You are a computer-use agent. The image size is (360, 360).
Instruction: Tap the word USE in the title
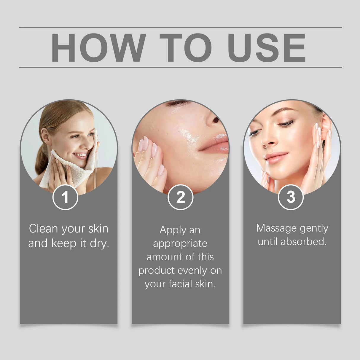click(x=266, y=48)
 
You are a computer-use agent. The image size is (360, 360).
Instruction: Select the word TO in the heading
click(x=186, y=48)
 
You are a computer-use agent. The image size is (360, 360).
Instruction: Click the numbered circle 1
click(x=65, y=197)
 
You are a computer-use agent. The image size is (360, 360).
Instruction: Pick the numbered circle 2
click(x=180, y=197)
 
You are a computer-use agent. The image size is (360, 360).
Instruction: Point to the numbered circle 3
click(x=291, y=197)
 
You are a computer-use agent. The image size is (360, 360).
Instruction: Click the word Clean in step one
click(x=43, y=229)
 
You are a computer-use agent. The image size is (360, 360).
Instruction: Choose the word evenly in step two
click(x=192, y=270)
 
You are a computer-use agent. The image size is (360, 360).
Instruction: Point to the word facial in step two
click(x=181, y=284)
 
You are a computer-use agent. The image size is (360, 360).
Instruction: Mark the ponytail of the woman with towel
click(x=42, y=162)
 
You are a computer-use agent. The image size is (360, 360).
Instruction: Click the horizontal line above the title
click(x=180, y=27)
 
